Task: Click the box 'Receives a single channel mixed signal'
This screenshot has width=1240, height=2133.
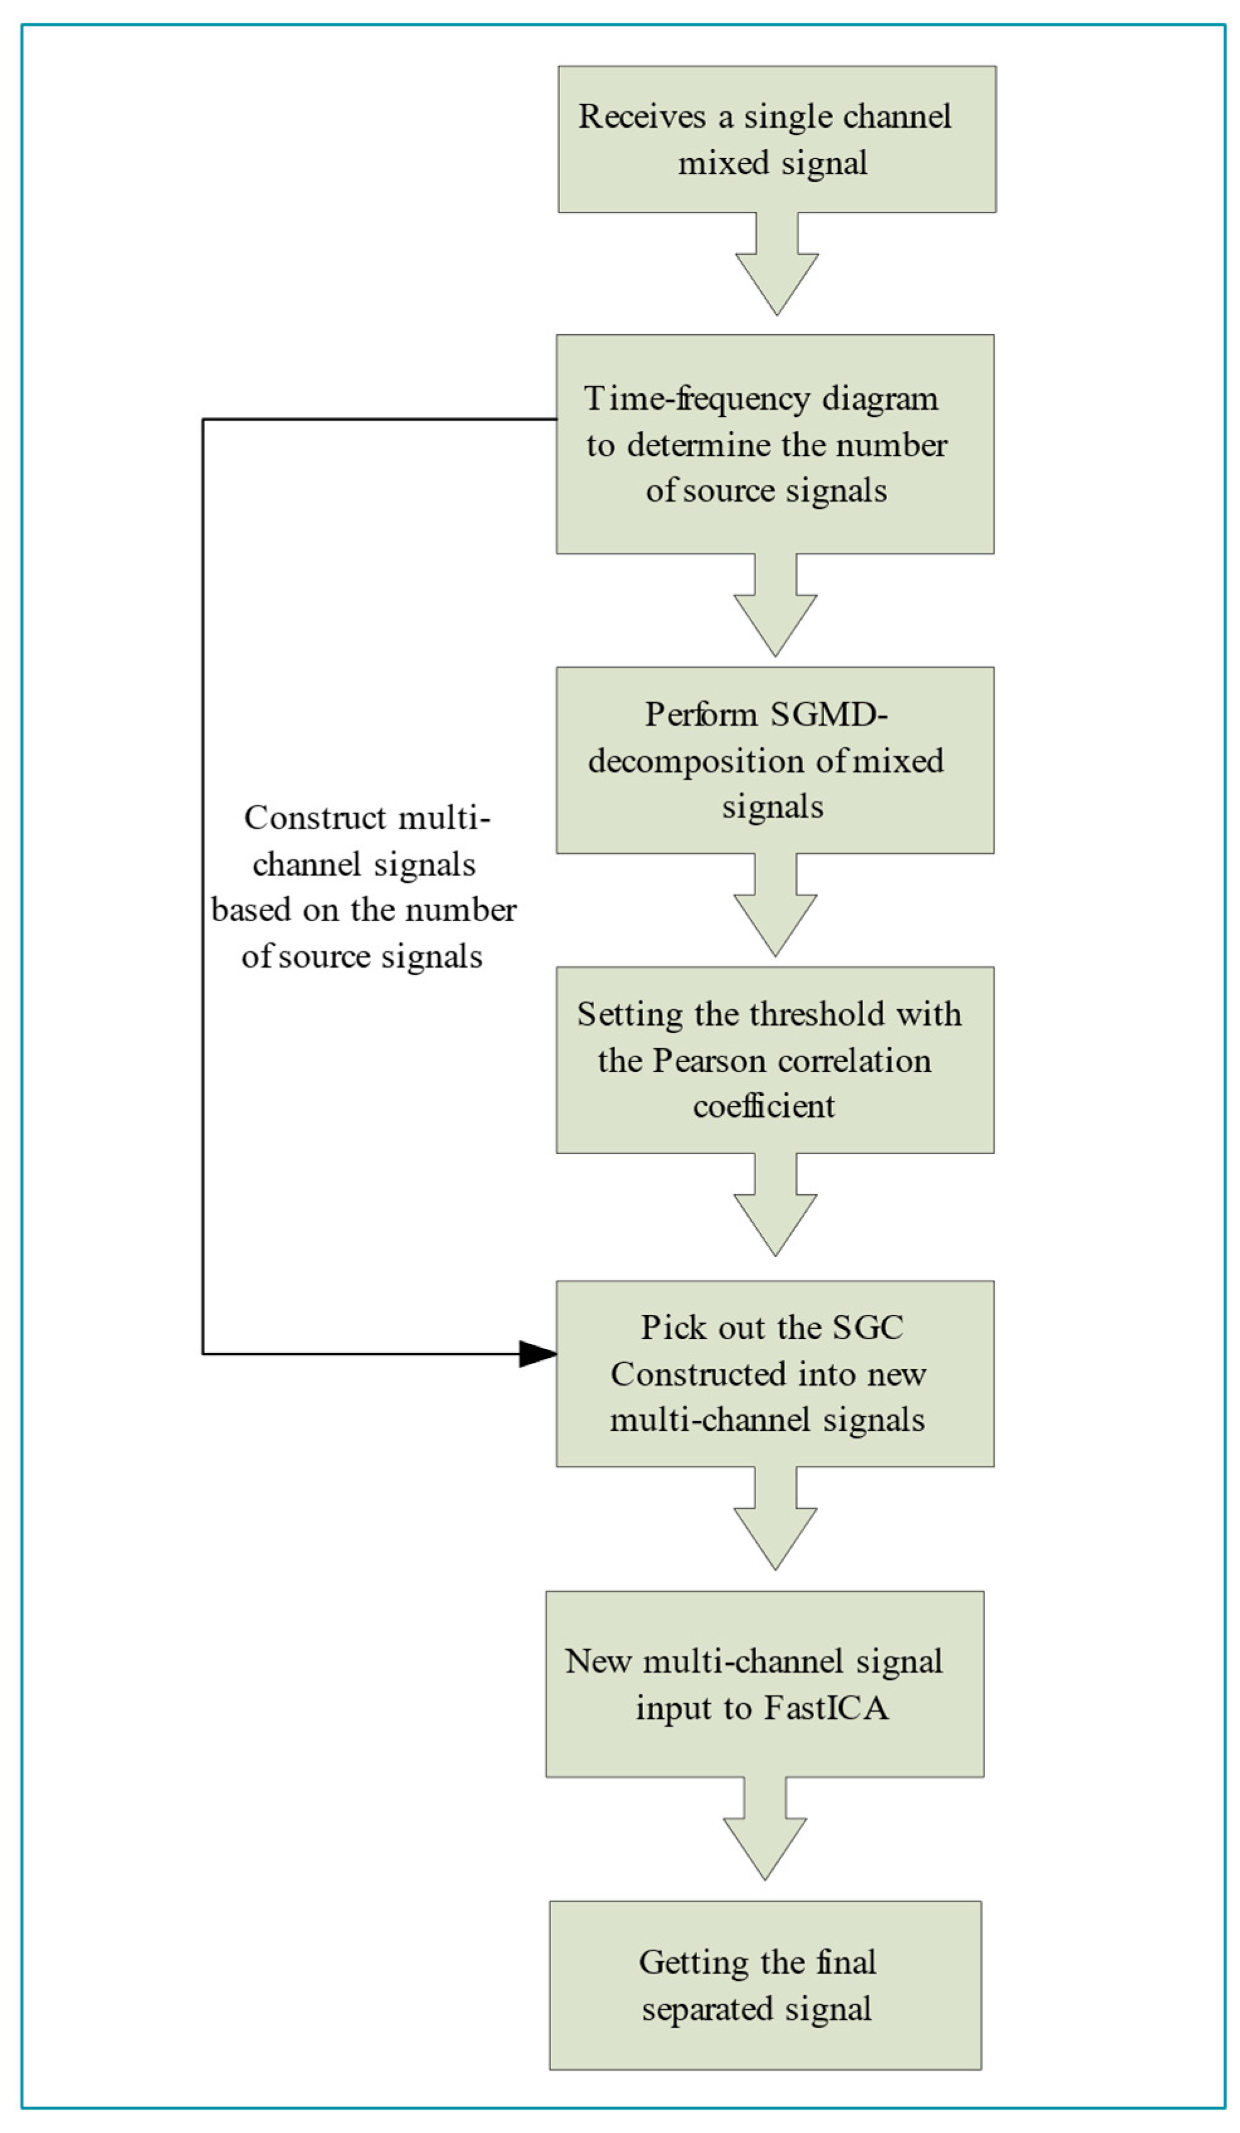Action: coord(776,140)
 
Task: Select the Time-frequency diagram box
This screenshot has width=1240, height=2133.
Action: coord(774,444)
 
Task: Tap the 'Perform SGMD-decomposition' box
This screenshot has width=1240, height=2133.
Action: coord(774,760)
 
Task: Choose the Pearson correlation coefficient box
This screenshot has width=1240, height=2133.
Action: coord(774,1060)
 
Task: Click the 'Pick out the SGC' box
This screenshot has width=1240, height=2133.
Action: coord(774,1374)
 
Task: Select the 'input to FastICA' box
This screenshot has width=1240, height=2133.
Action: coord(764,1684)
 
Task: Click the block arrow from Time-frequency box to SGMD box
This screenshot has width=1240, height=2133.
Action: coord(775,605)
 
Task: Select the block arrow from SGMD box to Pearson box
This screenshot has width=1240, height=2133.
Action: coord(775,905)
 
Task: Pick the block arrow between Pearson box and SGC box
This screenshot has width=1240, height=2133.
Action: coord(775,1204)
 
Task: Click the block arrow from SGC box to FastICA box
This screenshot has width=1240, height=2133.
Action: coord(775,1518)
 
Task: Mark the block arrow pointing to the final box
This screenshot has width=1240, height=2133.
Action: coord(765,1828)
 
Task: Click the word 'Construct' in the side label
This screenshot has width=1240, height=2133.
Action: coord(316,818)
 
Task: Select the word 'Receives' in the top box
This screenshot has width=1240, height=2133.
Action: coord(642,116)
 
